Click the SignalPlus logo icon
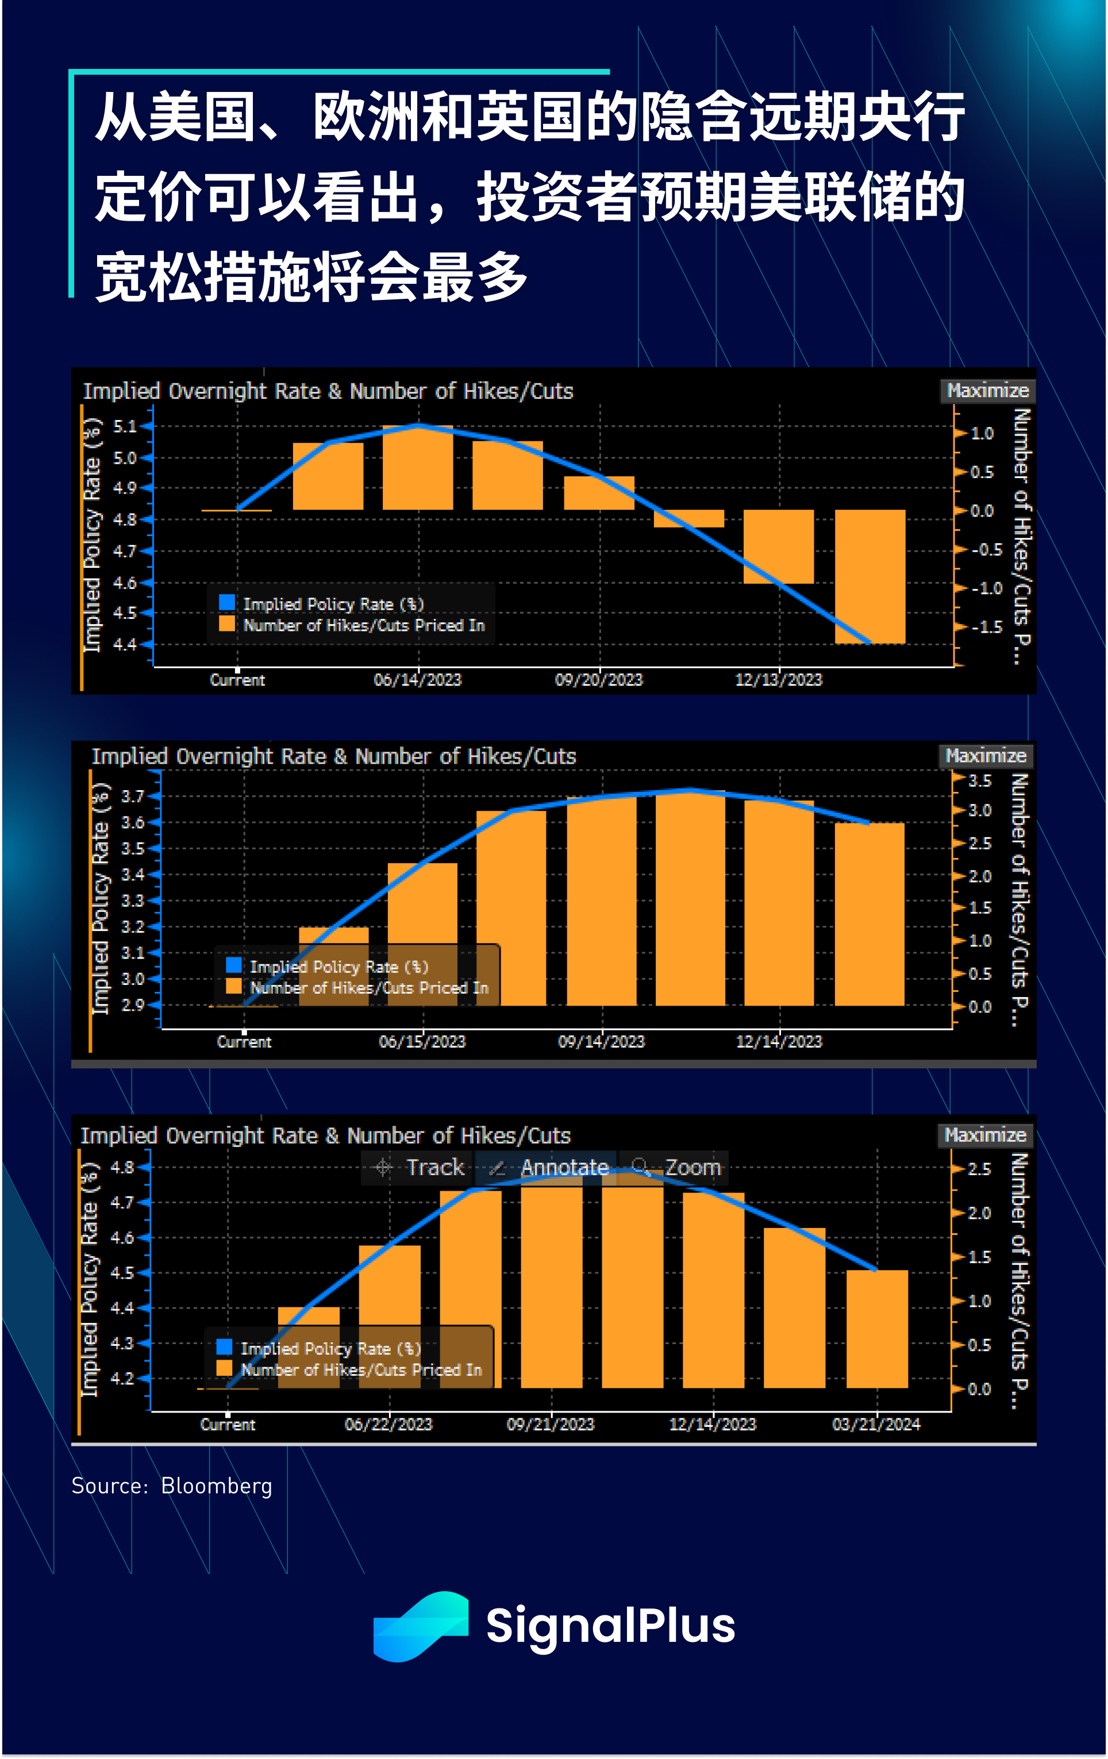click(420, 1626)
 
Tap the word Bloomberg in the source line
click(216, 1486)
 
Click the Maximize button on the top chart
click(987, 391)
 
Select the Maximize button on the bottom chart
click(984, 1135)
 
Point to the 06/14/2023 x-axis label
click(418, 680)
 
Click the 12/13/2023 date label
click(779, 680)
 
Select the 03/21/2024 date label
click(876, 1424)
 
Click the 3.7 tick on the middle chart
click(132, 796)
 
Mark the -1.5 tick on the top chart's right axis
click(986, 627)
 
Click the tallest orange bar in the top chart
click(418, 468)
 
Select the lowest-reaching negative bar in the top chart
click(870, 576)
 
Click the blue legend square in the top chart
click(227, 602)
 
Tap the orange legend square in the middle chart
click(234, 986)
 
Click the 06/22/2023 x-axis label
click(388, 1424)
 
